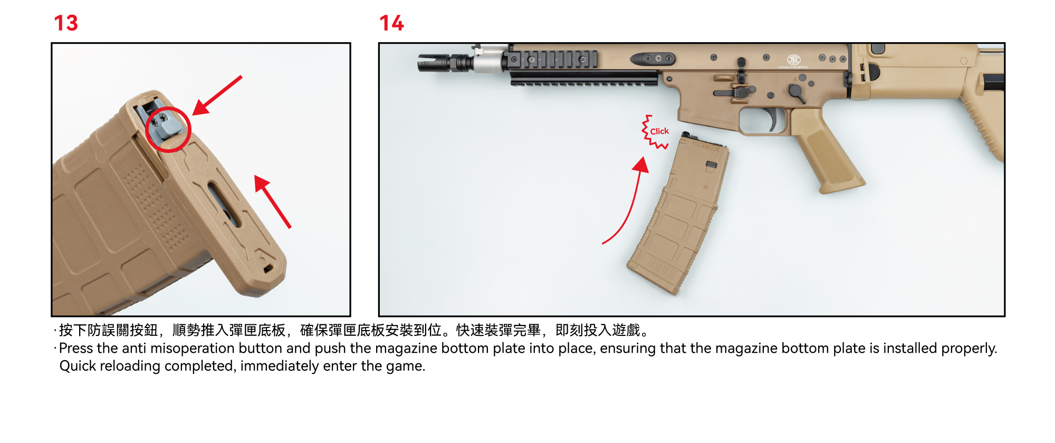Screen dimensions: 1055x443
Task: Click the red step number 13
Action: click(66, 23)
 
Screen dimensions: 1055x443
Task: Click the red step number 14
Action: click(391, 23)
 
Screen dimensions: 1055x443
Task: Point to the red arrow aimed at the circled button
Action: click(217, 95)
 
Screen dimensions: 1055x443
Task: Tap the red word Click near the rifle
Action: click(659, 131)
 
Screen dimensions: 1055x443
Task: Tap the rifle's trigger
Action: click(772, 119)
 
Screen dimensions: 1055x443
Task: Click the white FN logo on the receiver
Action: click(793, 60)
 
